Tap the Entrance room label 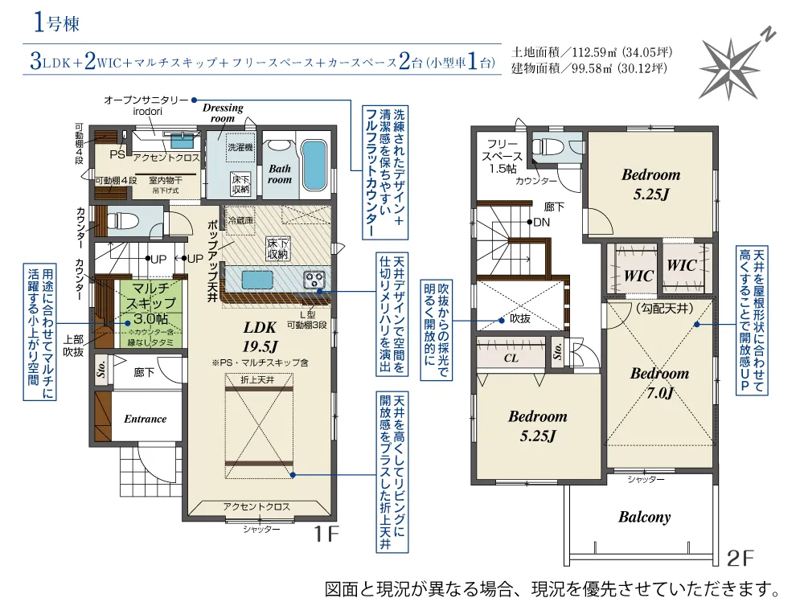coord(145,419)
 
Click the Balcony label coord(644,517)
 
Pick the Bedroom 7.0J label coord(659,383)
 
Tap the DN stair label coord(540,222)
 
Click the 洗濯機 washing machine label coord(240,148)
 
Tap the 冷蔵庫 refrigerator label coord(241,219)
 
